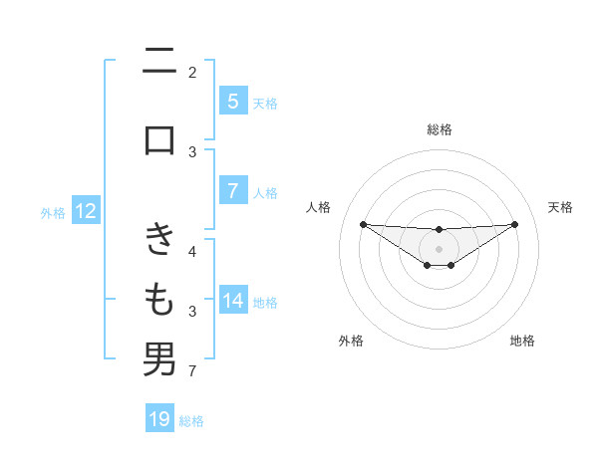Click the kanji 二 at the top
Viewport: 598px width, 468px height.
(x=159, y=64)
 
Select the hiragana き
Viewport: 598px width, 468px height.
(x=159, y=239)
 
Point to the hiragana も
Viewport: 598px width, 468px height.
(x=159, y=298)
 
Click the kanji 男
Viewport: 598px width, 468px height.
(x=159, y=359)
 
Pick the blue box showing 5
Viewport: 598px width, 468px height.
(x=232, y=101)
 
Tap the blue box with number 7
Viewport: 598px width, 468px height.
(x=232, y=191)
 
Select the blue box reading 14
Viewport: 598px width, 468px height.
(x=232, y=301)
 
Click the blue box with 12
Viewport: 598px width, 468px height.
(x=86, y=211)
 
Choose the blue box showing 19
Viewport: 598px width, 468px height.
(x=159, y=419)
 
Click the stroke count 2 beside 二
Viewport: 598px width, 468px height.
(x=192, y=72)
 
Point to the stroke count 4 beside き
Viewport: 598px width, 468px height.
(x=192, y=250)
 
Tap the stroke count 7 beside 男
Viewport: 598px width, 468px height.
(x=192, y=372)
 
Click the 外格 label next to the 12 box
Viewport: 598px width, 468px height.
(x=53, y=212)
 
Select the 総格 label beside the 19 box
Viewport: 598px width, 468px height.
(x=191, y=420)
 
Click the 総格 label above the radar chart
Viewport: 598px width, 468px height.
(x=439, y=129)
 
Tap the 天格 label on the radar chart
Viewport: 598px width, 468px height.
(x=561, y=207)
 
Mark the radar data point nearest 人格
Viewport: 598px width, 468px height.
(x=363, y=223)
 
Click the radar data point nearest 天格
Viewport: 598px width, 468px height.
(x=515, y=223)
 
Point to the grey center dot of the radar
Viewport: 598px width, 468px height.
(x=439, y=249)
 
